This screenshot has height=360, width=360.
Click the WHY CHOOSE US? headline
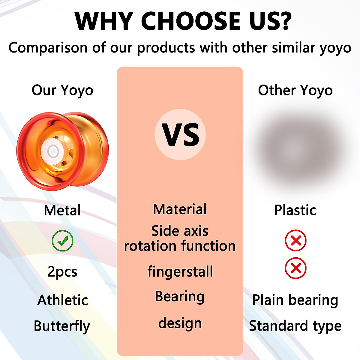pyautogui.click(x=183, y=21)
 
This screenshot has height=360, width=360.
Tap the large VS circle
pyautogui.click(x=180, y=134)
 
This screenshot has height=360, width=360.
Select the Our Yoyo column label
pyautogui.click(x=62, y=90)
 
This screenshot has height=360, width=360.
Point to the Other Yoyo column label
pyautogui.click(x=295, y=90)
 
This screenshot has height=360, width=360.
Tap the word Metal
pyautogui.click(x=62, y=210)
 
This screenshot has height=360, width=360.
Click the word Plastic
pyautogui.click(x=295, y=210)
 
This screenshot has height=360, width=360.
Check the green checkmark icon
pyautogui.click(x=62, y=241)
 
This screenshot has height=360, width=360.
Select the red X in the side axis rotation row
pyautogui.click(x=295, y=240)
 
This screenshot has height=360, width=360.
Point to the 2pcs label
pyautogui.click(x=62, y=272)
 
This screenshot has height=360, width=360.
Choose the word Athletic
pyautogui.click(x=63, y=300)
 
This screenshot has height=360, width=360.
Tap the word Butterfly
pyautogui.click(x=62, y=326)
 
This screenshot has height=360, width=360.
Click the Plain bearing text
pyautogui.click(x=295, y=300)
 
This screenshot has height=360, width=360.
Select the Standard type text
pyautogui.click(x=295, y=326)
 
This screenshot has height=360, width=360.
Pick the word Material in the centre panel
pyautogui.click(x=180, y=209)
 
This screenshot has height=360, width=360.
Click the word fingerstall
pyautogui.click(x=180, y=272)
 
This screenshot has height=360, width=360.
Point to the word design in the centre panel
pyautogui.click(x=180, y=323)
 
